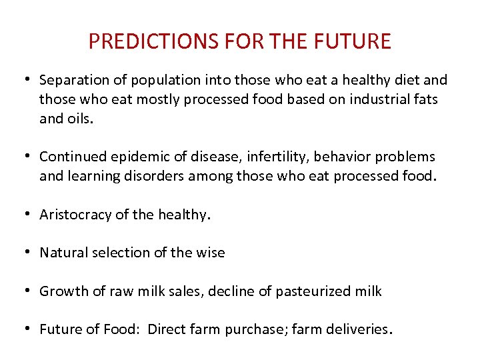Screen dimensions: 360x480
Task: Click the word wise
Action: [x=212, y=253]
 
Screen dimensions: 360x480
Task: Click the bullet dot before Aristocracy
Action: [x=30, y=215]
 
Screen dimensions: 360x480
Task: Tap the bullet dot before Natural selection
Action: [x=30, y=253]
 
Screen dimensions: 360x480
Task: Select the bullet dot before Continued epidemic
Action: [x=30, y=157]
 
